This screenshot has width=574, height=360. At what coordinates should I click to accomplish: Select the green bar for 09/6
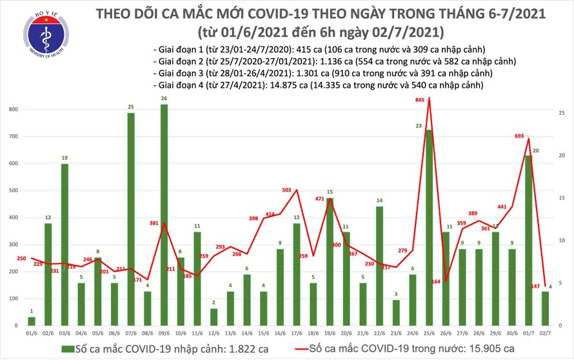point(164,213)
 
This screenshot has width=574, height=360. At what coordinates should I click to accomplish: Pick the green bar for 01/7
point(528,239)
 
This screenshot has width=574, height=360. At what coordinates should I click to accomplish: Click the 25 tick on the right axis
point(562,113)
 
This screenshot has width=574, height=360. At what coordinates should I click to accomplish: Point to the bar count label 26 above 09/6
point(164,99)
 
